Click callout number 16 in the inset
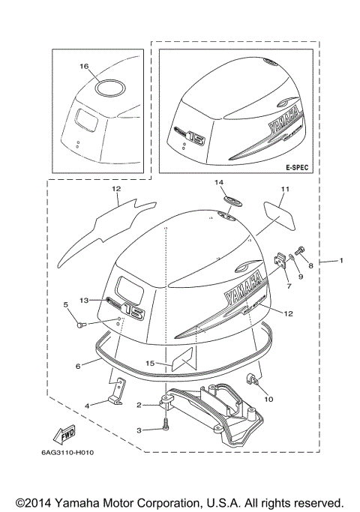pyautogui.click(x=84, y=67)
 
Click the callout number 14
pyautogui.click(x=220, y=182)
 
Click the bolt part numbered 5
pyautogui.click(x=82, y=325)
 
